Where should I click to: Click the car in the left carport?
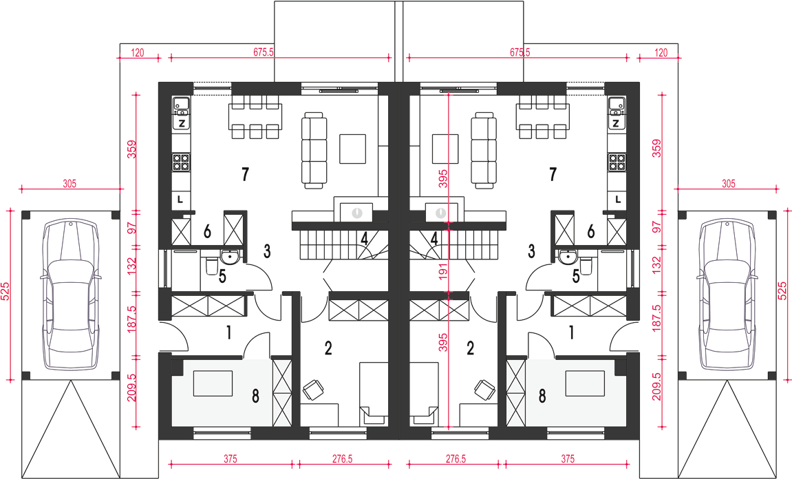coord(70,295)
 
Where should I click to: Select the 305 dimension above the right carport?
coord(728,184)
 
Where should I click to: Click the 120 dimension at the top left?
coord(138,52)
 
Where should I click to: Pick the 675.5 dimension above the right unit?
coord(520,52)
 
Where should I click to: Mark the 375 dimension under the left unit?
coord(230,459)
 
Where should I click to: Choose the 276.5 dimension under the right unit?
coord(455,459)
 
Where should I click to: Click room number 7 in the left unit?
coord(245,174)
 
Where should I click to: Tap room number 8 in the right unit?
coord(542,396)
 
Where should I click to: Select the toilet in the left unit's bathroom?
coord(211,265)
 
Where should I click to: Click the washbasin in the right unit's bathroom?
coord(569,257)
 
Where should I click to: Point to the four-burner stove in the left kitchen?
coord(181,162)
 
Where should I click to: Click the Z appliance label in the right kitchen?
coord(615,124)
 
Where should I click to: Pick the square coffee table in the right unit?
coord(445,149)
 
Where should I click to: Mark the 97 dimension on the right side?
coord(656,227)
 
